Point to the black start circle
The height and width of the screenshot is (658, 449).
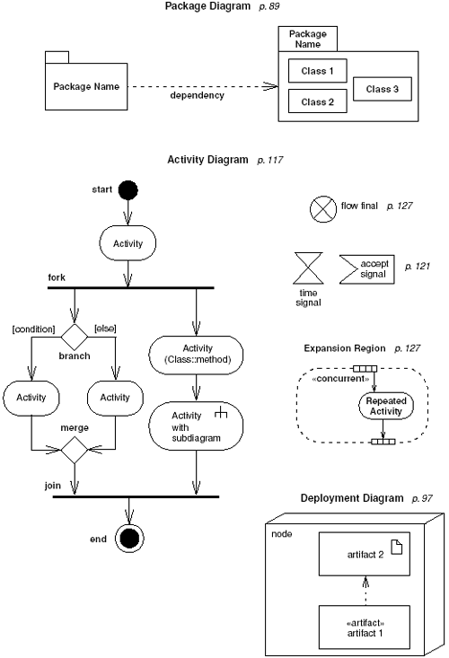(x=128, y=190)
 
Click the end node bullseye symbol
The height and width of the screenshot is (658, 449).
(x=128, y=539)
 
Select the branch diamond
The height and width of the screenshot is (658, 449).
(x=73, y=337)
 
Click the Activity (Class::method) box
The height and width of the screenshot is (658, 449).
(x=196, y=353)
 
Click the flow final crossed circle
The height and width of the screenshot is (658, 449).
(x=321, y=208)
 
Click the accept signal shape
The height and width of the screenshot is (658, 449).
(x=365, y=268)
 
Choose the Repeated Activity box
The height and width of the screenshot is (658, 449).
(x=387, y=406)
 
